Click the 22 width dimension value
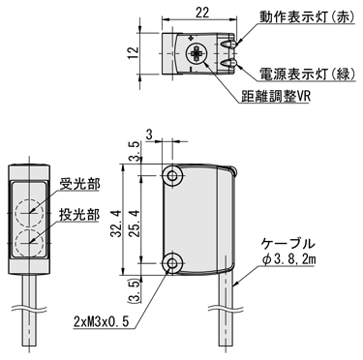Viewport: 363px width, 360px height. click(202, 13)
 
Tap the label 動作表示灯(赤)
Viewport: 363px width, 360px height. click(307, 17)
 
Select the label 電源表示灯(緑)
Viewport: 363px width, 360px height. click(307, 75)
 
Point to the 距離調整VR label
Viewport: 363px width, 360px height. click(276, 96)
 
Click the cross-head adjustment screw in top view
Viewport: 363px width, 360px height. click(197, 53)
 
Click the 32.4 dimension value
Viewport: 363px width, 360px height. click(116, 224)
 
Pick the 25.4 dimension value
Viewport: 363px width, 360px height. click(136, 224)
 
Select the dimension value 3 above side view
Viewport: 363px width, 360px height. click(149, 135)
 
